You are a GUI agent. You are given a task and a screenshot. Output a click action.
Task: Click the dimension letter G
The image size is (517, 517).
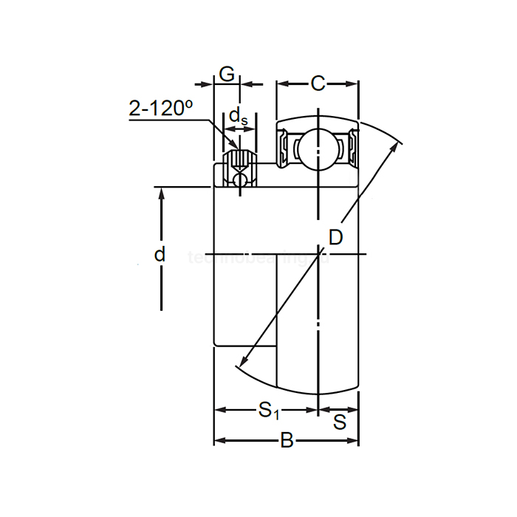(x=227, y=75)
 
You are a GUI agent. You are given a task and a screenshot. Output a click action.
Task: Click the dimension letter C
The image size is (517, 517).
(x=318, y=83)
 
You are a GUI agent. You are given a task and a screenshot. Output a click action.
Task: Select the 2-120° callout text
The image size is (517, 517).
(x=160, y=109)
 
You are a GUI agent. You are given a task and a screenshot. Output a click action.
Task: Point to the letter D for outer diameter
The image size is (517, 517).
(x=335, y=237)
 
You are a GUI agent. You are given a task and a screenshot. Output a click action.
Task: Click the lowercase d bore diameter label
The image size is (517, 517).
(x=160, y=255)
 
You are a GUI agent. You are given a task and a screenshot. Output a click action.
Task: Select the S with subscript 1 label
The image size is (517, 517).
(x=268, y=409)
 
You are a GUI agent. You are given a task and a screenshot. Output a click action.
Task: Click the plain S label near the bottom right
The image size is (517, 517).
(x=340, y=422)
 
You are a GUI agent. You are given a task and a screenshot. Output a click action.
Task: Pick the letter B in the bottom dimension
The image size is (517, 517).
(x=287, y=442)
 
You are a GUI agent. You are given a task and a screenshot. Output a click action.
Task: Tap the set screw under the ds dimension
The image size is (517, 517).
(x=239, y=160)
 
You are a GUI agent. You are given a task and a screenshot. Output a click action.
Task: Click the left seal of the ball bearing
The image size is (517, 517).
(x=282, y=148)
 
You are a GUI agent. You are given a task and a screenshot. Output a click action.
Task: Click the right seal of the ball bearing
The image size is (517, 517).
(x=352, y=148)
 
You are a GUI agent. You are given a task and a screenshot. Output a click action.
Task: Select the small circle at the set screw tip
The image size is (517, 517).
(x=239, y=179)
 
